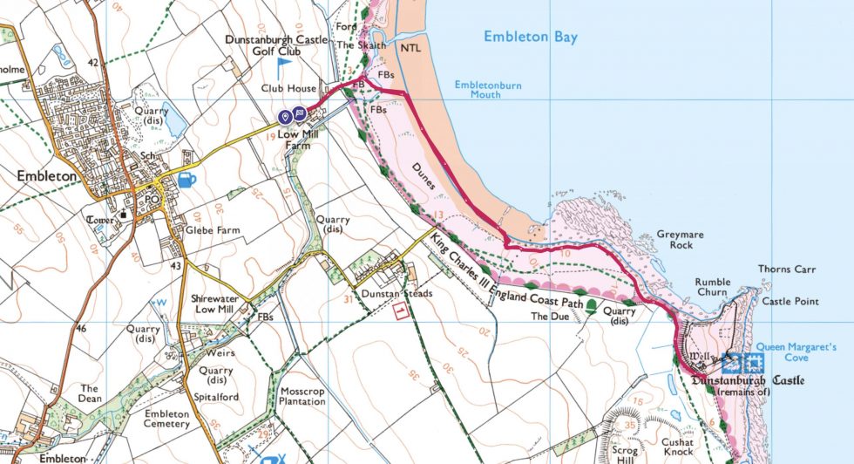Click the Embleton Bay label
click(x=531, y=38)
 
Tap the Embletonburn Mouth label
click(x=491, y=91)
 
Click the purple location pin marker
click(x=284, y=115)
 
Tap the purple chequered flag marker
click(x=299, y=114)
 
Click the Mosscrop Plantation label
click(x=302, y=396)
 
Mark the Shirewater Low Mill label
click(x=215, y=304)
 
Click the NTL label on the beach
click(x=410, y=49)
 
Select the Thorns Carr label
click(x=786, y=270)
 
